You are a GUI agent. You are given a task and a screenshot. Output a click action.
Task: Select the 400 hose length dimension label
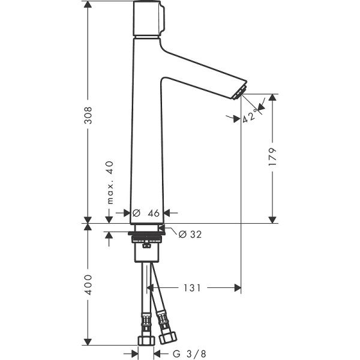(x=88, y=284)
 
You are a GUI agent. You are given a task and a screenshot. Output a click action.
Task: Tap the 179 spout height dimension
(x=273, y=158)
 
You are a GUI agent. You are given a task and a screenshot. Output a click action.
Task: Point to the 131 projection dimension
(x=191, y=289)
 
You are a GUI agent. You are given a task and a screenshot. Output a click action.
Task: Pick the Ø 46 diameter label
(x=146, y=213)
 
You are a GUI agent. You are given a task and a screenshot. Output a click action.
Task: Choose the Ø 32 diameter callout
(x=190, y=234)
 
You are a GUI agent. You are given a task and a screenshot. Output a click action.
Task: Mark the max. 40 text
(x=110, y=183)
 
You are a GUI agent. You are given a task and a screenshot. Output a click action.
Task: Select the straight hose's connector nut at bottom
(x=145, y=340)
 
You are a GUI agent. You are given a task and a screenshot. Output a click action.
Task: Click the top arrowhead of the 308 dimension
(x=88, y=5)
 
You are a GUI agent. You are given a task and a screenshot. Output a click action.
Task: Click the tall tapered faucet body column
(x=146, y=132)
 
